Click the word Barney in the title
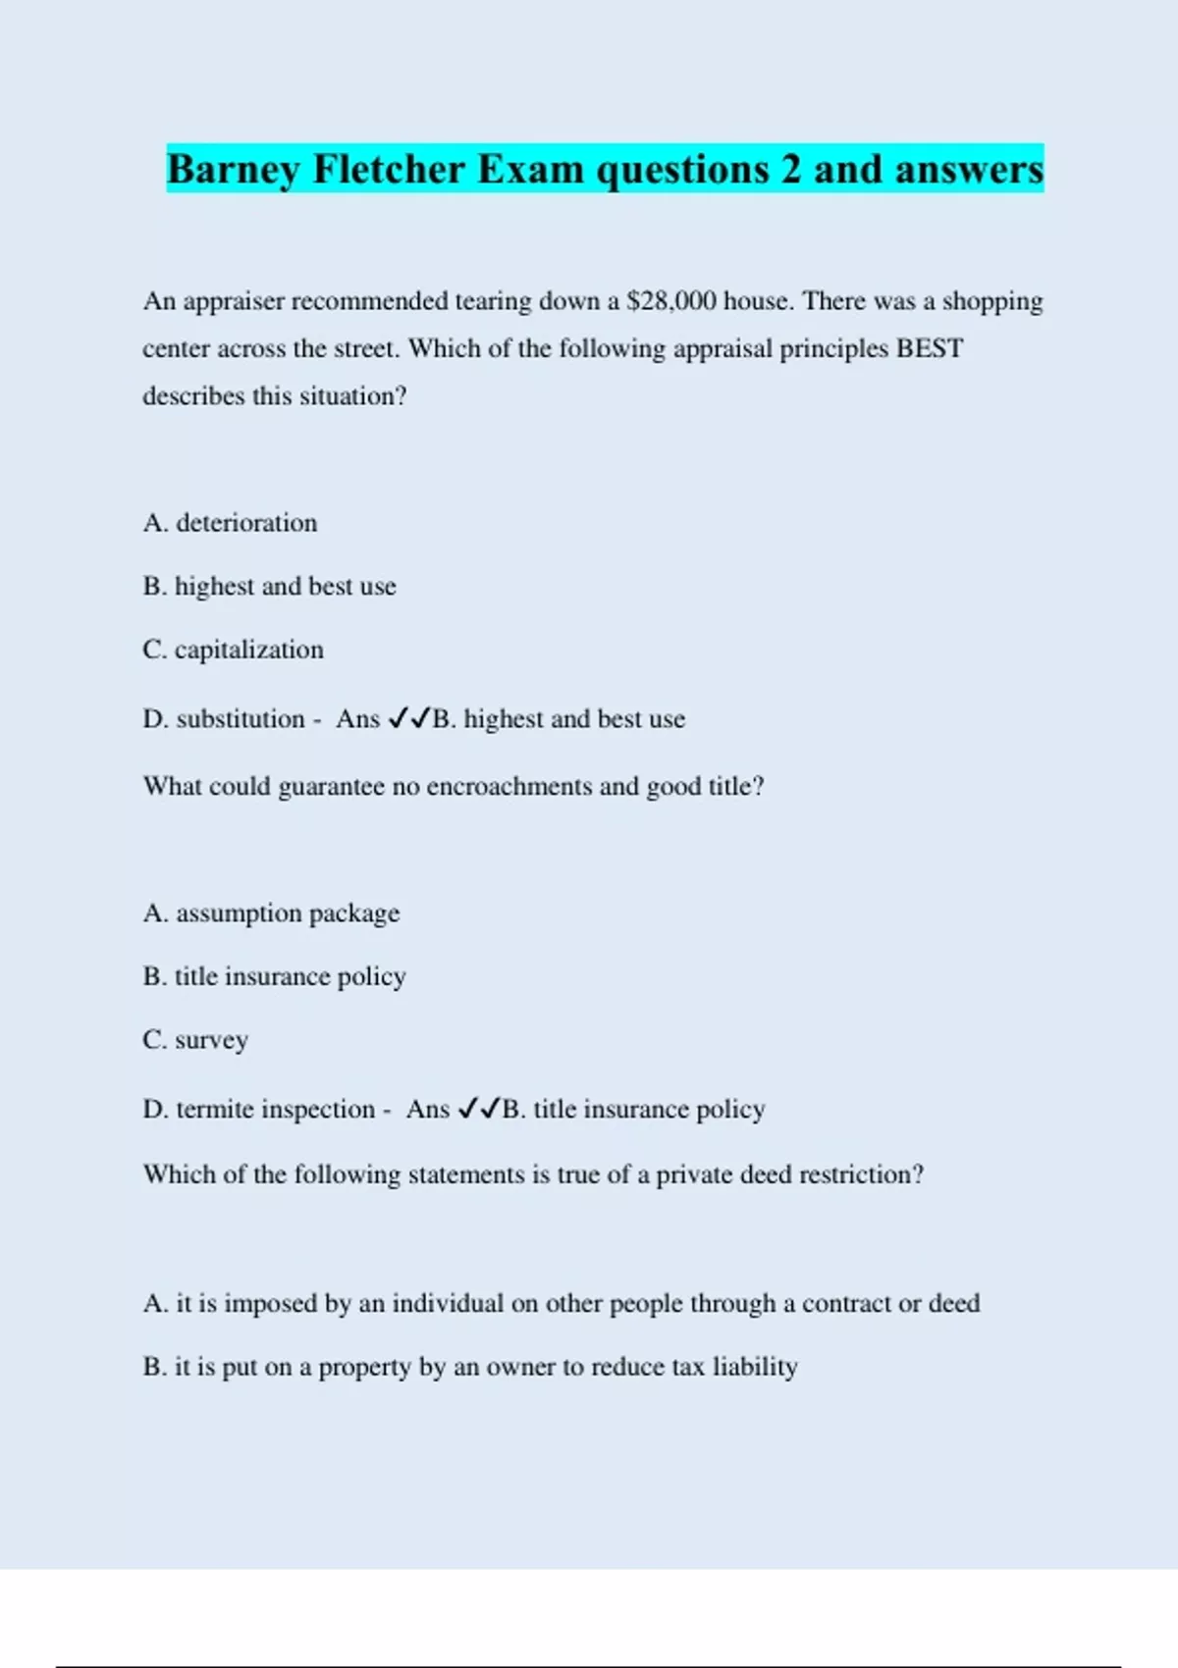click(x=233, y=170)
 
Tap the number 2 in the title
click(x=791, y=170)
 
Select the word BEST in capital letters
click(x=929, y=349)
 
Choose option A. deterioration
click(x=230, y=523)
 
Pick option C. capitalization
click(x=233, y=650)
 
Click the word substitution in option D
click(x=241, y=719)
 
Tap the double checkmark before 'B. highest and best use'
click(x=409, y=719)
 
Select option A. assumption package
click(x=271, y=913)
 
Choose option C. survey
click(x=195, y=1040)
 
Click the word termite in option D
click(x=216, y=1110)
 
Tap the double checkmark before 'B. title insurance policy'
click(x=479, y=1110)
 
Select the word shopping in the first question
click(x=991, y=302)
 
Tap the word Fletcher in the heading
click(x=389, y=170)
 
